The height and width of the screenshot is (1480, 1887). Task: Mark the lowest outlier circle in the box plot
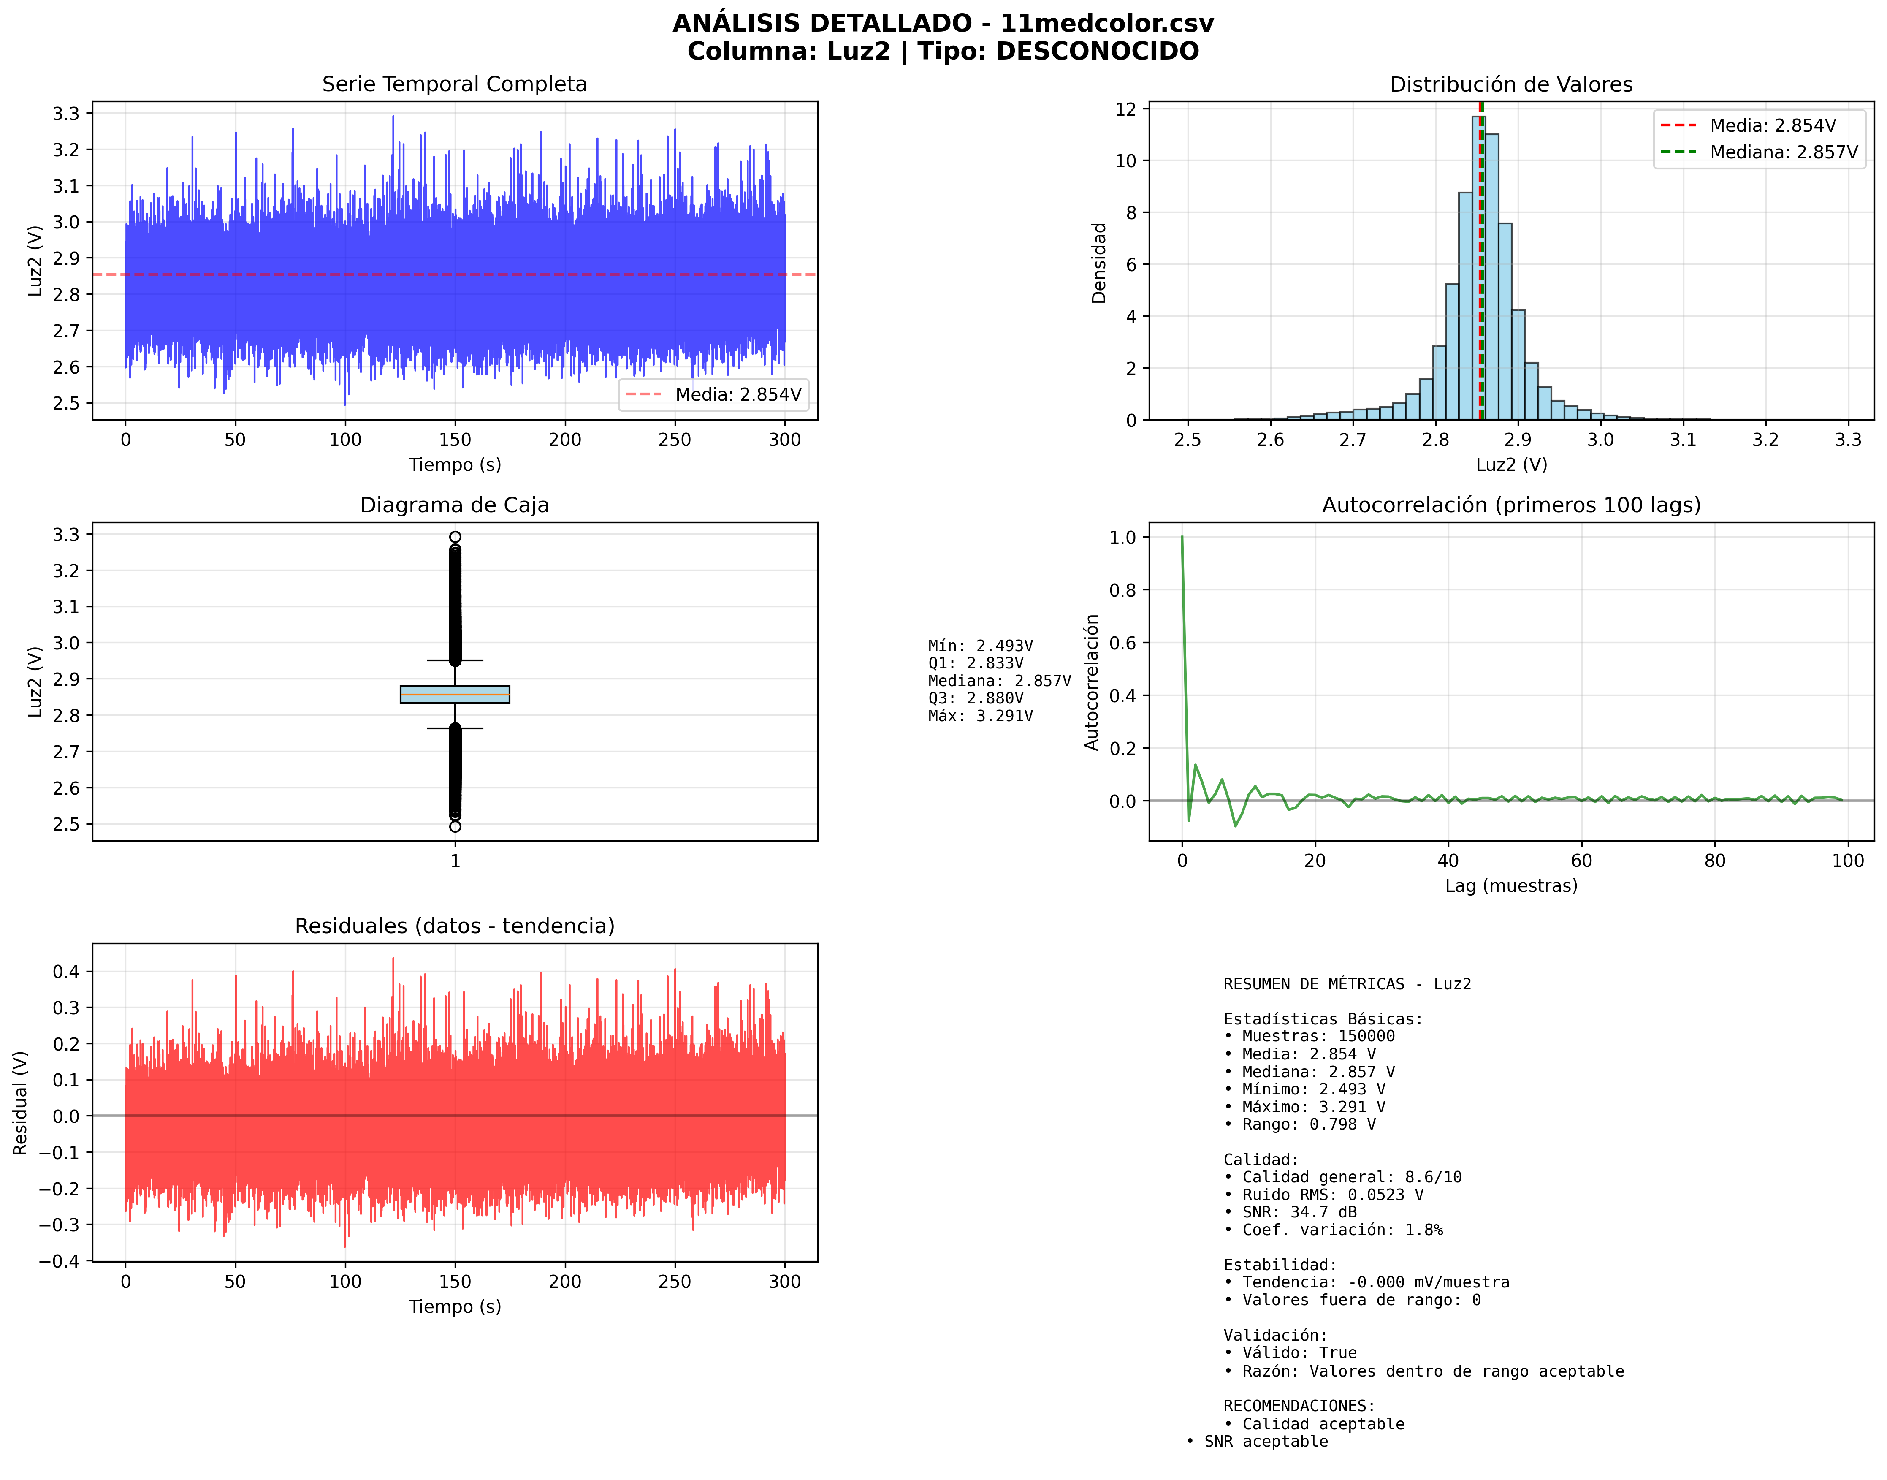(455, 827)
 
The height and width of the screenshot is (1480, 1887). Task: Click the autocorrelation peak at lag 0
(1182, 538)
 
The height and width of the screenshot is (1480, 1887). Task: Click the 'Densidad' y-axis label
(1098, 263)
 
